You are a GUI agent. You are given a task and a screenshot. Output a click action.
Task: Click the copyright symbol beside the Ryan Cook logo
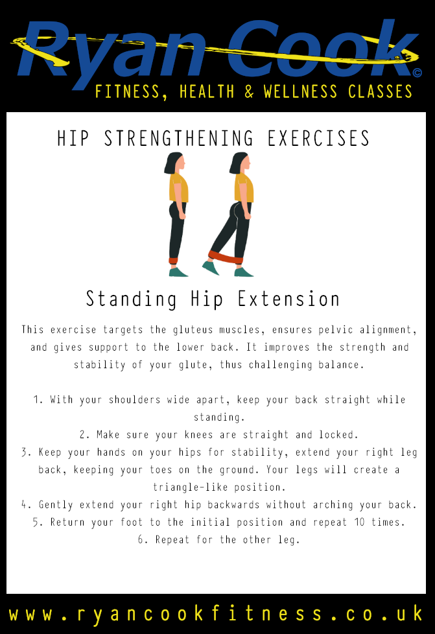pyautogui.click(x=417, y=73)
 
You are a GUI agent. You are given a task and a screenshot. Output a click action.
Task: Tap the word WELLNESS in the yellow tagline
pyautogui.click(x=300, y=92)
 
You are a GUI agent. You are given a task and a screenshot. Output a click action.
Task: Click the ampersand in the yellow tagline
pyautogui.click(x=249, y=92)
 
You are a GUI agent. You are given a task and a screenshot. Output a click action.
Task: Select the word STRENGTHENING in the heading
pyautogui.click(x=179, y=138)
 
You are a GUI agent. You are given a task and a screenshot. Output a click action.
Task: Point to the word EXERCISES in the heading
pyautogui.click(x=318, y=138)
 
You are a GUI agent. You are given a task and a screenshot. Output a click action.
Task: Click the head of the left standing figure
pyautogui.click(x=174, y=163)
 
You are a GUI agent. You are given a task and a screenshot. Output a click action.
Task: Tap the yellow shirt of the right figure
pyautogui.click(x=244, y=187)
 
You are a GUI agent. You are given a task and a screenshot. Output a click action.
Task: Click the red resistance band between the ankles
pyautogui.click(x=226, y=257)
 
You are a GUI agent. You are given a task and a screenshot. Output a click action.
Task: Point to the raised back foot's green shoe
pyautogui.click(x=211, y=267)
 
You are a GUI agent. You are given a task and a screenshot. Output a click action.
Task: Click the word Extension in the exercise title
pyautogui.click(x=288, y=299)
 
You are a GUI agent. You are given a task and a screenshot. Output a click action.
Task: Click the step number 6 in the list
pyautogui.click(x=140, y=540)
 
